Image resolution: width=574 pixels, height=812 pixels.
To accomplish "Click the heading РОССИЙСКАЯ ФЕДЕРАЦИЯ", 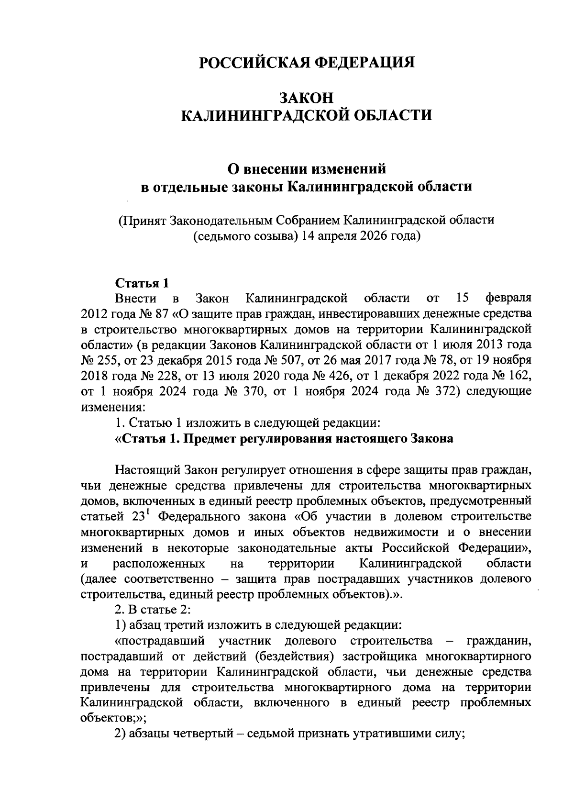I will [306, 63].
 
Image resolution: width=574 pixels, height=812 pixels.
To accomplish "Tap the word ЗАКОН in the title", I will [306, 97].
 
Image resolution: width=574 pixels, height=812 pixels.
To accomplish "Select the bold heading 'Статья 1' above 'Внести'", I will [142, 283].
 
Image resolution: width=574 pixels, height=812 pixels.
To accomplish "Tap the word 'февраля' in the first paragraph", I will [508, 299].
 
